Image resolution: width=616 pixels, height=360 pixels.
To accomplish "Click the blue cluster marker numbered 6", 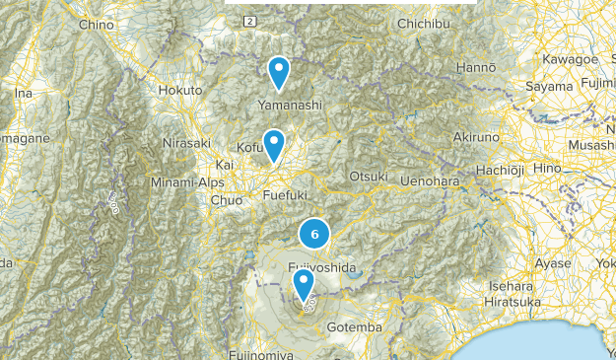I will click(x=314, y=234).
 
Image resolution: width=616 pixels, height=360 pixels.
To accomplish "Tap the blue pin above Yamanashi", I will click(x=280, y=71).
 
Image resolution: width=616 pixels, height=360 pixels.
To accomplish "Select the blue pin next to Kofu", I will click(x=273, y=144).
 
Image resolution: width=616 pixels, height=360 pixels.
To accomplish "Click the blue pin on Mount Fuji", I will click(x=304, y=285).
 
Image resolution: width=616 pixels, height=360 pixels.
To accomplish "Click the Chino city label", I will click(x=96, y=24).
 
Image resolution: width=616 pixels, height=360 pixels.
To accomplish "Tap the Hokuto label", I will click(x=180, y=90).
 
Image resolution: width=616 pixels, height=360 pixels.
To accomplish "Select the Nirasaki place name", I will click(x=187, y=143).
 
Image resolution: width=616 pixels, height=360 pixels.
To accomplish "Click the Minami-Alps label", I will click(x=186, y=182).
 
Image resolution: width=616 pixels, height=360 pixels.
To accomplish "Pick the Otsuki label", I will click(x=369, y=176).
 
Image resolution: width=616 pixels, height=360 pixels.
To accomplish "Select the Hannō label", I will click(x=475, y=67).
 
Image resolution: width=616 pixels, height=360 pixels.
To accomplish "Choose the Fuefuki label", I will click(x=286, y=195).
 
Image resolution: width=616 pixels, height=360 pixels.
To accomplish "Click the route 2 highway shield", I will click(x=250, y=21).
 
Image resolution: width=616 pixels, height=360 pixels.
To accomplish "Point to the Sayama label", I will click(x=548, y=87).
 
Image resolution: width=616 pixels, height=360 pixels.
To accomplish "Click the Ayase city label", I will click(x=553, y=263).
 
